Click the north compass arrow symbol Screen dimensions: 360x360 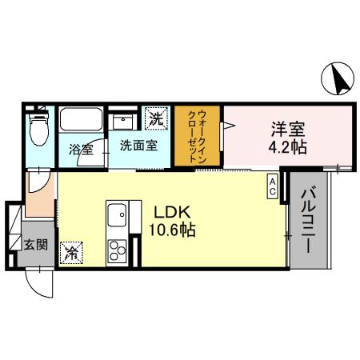[x=339, y=78]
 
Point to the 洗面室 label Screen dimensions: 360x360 [x=138, y=146]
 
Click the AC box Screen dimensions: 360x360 [x=272, y=187]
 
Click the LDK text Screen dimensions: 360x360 [x=173, y=214]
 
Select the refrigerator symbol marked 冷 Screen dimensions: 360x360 [x=71, y=253]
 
